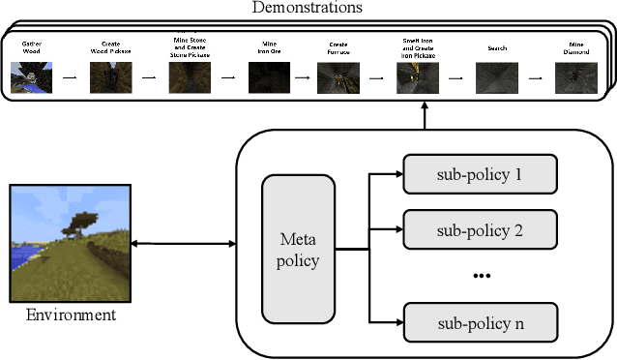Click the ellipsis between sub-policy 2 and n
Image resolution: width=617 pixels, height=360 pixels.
482,277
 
